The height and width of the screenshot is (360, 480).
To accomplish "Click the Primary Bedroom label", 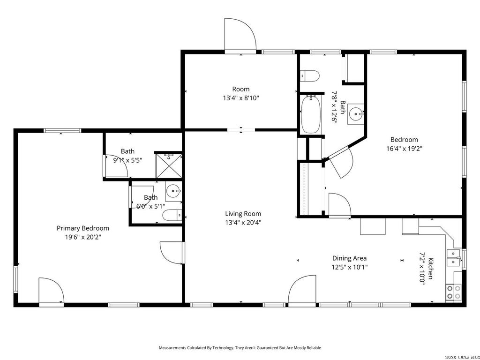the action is click(x=83, y=228).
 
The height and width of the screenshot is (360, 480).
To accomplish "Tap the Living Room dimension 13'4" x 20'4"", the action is click(x=243, y=223).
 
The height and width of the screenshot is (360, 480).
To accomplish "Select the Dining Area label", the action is click(x=350, y=258).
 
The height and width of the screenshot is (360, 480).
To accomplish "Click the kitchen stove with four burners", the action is click(x=454, y=292).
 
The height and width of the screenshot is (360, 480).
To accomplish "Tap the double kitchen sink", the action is click(x=454, y=258).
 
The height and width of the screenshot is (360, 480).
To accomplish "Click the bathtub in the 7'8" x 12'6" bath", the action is click(x=311, y=114).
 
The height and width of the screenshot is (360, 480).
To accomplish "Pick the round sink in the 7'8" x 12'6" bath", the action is click(x=356, y=114).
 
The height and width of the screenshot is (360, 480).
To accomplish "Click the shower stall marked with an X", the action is click(x=169, y=165).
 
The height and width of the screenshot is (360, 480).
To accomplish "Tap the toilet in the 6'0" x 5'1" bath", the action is click(x=172, y=216).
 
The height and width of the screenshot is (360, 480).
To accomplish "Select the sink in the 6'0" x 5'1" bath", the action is click(x=173, y=191).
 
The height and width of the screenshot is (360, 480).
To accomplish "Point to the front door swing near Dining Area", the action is click(x=302, y=289).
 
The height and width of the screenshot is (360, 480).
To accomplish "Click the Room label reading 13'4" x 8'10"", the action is click(x=241, y=93).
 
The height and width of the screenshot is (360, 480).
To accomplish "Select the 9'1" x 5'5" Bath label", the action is click(x=127, y=156).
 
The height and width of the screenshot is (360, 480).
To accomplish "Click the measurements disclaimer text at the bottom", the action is click(x=240, y=348).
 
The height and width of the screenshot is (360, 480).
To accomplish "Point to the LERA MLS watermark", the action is click(x=463, y=357).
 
